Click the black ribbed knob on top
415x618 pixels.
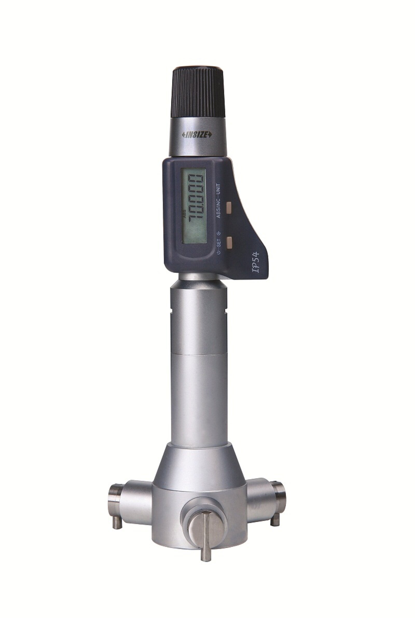tap(199, 92)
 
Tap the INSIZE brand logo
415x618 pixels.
tap(197, 135)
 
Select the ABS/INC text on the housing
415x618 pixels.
tap(219, 208)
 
